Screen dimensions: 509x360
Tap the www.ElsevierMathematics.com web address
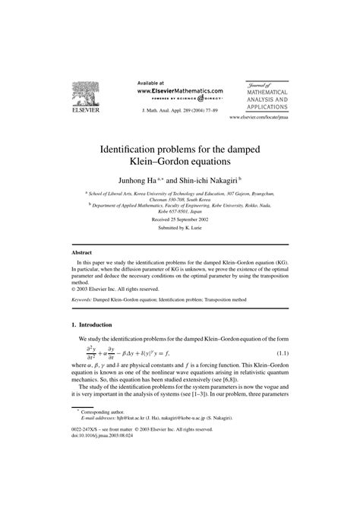coord(180,90)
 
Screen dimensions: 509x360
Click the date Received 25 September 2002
coord(180,218)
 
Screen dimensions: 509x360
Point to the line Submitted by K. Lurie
coord(180,229)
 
